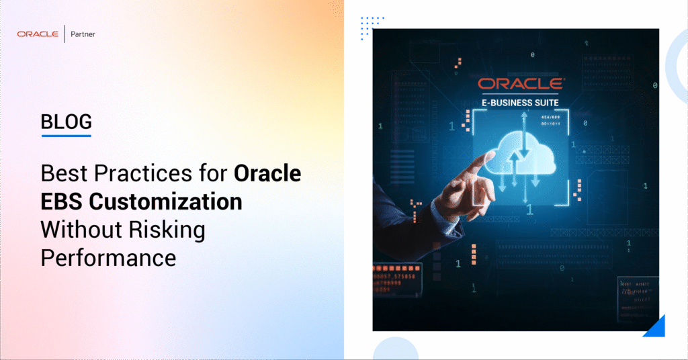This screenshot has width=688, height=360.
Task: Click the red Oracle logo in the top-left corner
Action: coord(38,34)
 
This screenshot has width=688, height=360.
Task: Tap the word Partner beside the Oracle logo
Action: coord(82,34)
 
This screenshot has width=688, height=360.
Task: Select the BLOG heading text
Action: coord(66,122)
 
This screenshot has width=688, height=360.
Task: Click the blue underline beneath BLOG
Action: coord(66,136)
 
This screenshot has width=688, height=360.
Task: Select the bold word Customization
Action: coord(168,201)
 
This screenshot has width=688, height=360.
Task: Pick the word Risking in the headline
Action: coord(171,229)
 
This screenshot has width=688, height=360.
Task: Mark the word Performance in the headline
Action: coord(108,257)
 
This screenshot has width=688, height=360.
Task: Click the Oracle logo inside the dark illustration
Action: coord(521,84)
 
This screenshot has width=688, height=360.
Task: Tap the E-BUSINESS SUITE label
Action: coord(521,103)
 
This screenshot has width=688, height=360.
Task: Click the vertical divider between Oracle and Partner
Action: coord(64,34)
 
